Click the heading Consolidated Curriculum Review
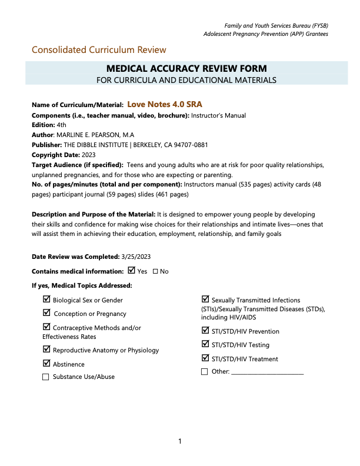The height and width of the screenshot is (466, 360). (x=99, y=50)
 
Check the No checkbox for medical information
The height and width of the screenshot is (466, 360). (x=155, y=271)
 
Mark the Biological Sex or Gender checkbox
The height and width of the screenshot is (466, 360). (x=46, y=299)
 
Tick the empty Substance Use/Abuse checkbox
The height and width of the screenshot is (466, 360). (x=46, y=377)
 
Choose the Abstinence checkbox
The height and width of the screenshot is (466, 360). (x=46, y=364)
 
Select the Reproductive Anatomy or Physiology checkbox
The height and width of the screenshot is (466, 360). (x=46, y=349)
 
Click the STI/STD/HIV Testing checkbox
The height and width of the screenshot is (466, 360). (x=205, y=344)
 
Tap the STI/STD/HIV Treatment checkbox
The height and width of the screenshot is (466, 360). (x=205, y=358)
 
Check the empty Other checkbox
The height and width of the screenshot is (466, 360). (x=205, y=372)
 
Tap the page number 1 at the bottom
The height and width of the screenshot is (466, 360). (x=180, y=441)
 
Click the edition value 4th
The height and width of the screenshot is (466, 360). (x=62, y=125)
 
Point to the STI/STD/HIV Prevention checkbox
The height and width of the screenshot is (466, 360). (x=205, y=331)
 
